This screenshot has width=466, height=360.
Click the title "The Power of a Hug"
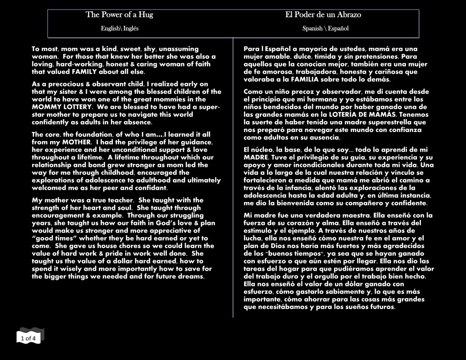point(119,15)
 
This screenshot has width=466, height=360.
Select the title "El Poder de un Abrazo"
point(323,15)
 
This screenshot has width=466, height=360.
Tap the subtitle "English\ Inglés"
point(120,28)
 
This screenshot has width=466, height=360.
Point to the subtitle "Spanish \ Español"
point(325,28)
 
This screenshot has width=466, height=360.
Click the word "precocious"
point(64,84)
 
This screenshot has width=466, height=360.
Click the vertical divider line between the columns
point(233,182)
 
